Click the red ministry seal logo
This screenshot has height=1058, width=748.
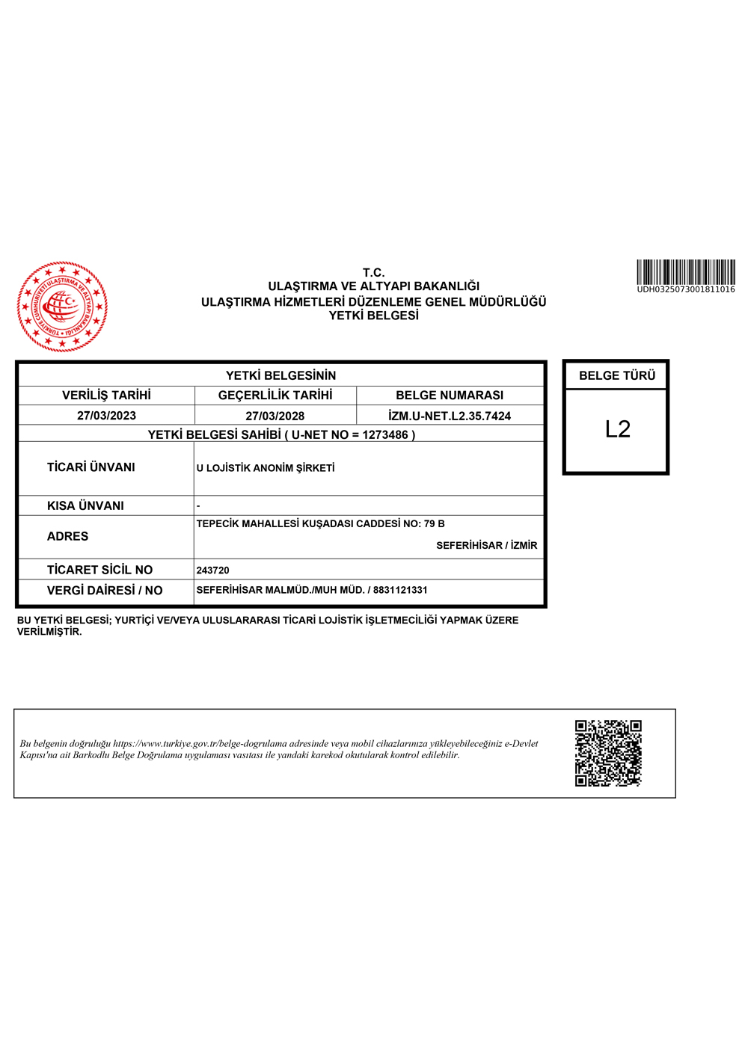click(62, 307)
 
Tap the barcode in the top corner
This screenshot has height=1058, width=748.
click(685, 272)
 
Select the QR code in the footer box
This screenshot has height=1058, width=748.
click(608, 753)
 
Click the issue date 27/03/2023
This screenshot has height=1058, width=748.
click(106, 416)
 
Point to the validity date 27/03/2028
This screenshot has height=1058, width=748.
click(275, 416)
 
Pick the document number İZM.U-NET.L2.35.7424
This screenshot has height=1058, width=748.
click(450, 416)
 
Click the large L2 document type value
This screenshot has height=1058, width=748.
click(617, 429)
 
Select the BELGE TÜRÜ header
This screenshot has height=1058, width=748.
click(617, 375)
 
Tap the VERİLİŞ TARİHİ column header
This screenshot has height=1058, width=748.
click(106, 395)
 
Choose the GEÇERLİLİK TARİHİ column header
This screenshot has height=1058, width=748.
click(275, 395)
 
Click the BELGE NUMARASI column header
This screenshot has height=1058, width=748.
click(450, 395)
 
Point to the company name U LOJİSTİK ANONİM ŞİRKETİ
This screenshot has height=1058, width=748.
click(266, 468)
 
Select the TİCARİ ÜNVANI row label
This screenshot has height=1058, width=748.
click(91, 467)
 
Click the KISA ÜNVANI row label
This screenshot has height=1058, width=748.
click(85, 505)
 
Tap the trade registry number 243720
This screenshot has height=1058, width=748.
click(212, 570)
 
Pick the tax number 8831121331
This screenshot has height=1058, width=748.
click(400, 590)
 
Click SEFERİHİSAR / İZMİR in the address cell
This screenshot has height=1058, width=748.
click(486, 545)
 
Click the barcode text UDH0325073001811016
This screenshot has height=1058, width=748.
click(685, 289)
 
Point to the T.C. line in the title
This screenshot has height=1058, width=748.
click(373, 273)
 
